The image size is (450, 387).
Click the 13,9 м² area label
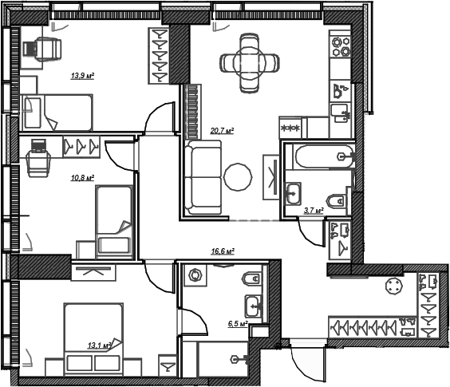click(x=83, y=76)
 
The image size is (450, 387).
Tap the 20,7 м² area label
click(x=222, y=131)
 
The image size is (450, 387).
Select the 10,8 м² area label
click(x=83, y=178)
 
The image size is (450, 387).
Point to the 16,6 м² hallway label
click(x=223, y=251)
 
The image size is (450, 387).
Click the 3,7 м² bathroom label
click(x=314, y=211)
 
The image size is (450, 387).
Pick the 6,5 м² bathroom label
click(x=238, y=324)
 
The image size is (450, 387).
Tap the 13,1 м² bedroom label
click(x=99, y=346)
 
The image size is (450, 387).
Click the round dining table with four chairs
click(x=250, y=63)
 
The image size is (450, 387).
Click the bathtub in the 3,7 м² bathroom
click(x=323, y=156)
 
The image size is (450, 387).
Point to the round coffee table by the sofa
click(x=238, y=177)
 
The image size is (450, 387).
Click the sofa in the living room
click(x=203, y=177)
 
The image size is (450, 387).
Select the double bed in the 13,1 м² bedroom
click(x=94, y=339)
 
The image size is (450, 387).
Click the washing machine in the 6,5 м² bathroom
click(x=195, y=275)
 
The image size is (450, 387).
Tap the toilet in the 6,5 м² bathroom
click(x=252, y=278)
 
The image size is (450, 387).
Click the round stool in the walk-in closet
click(x=395, y=286)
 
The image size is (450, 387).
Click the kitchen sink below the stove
click(x=341, y=113)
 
